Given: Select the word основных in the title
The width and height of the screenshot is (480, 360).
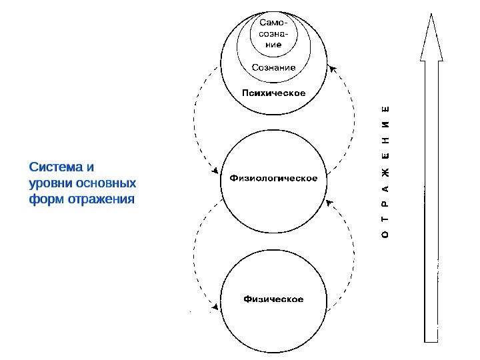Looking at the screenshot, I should click(106, 182).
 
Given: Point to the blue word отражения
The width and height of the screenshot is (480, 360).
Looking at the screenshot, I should click(99, 199).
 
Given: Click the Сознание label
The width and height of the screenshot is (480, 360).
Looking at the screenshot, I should click(274, 67).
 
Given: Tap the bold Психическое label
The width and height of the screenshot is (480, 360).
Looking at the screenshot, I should click(274, 93).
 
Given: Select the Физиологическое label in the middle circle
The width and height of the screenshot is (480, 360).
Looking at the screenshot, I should click(273, 178).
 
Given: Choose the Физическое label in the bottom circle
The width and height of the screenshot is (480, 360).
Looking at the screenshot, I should click(273, 299).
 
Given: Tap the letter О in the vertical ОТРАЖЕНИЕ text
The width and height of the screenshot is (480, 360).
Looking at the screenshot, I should click(386, 235).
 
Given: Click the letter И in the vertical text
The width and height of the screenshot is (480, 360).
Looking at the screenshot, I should click(386, 126).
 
